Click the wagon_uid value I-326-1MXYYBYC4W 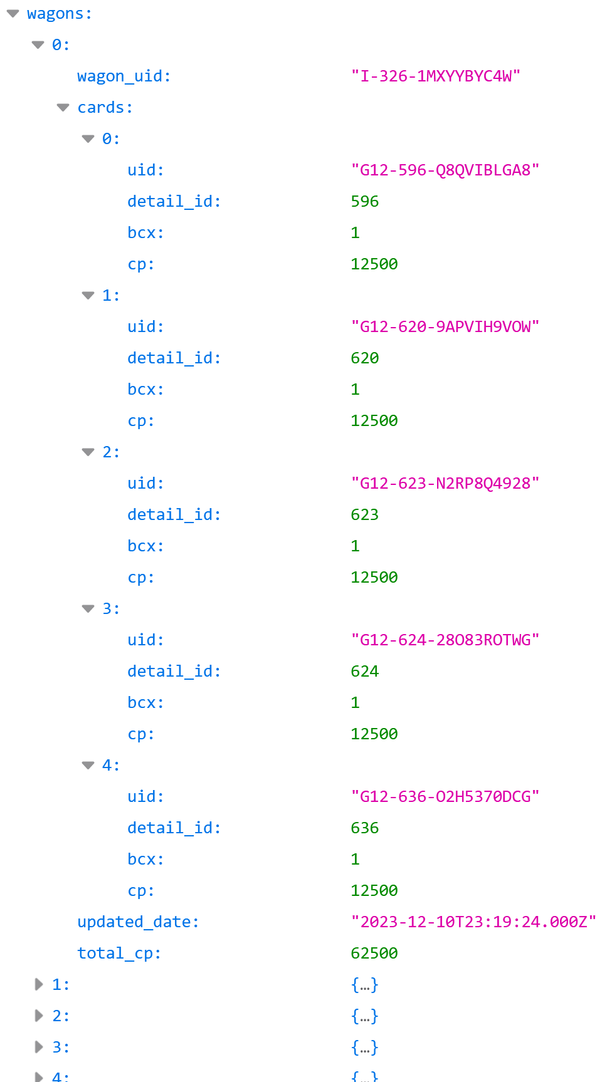point(436,76)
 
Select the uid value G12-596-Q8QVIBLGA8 point(445,170)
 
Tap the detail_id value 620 point(365,358)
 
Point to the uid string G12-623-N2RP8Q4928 point(445,484)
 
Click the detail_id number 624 point(365,672)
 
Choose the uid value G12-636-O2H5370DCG point(445,797)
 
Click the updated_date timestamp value point(473,922)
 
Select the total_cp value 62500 point(374,954)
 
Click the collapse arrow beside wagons point(13,14)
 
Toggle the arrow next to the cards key point(63,108)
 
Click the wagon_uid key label point(124,76)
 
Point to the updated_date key point(138,922)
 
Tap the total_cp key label point(119,954)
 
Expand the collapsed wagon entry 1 point(39,984)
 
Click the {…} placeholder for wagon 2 point(365,1016)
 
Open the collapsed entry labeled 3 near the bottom point(39,1047)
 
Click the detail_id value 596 point(365,202)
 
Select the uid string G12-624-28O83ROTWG point(445,640)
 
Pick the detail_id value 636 point(365,828)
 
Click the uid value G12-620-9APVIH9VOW point(445,327)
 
